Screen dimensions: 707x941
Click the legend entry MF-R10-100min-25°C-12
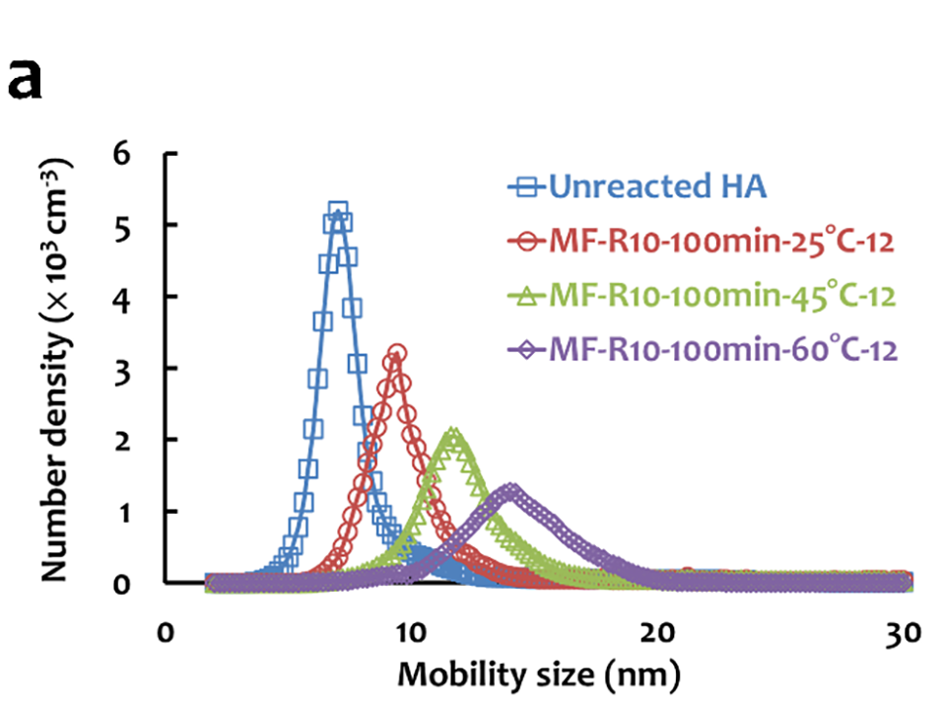coord(720,240)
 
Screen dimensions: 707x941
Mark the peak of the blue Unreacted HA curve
coord(338,211)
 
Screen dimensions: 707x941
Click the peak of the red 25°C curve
coord(397,353)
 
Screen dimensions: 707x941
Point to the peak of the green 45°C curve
coord(453,434)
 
